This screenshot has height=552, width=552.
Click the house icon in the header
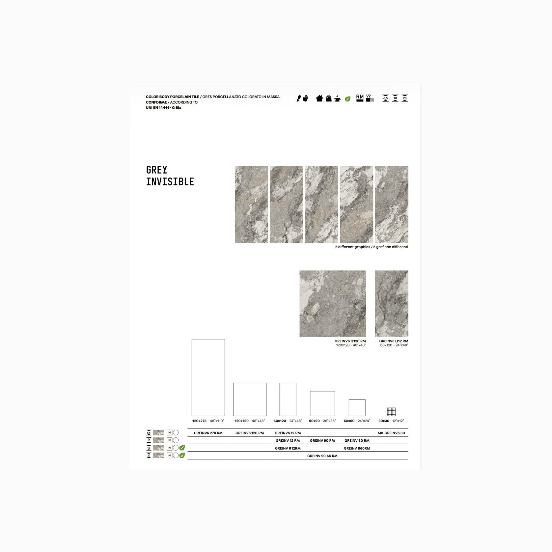[319, 98]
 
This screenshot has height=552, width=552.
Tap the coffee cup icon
[337, 98]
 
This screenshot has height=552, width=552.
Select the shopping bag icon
[329, 98]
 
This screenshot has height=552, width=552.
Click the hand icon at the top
[306, 98]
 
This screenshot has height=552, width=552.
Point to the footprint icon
[299, 98]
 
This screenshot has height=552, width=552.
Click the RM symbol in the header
[360, 98]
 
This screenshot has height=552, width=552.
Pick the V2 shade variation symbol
[370, 98]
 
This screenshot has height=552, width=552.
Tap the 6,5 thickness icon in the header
[385, 98]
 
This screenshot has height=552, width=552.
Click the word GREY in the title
[157, 170]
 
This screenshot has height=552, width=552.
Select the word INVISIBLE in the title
[170, 182]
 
